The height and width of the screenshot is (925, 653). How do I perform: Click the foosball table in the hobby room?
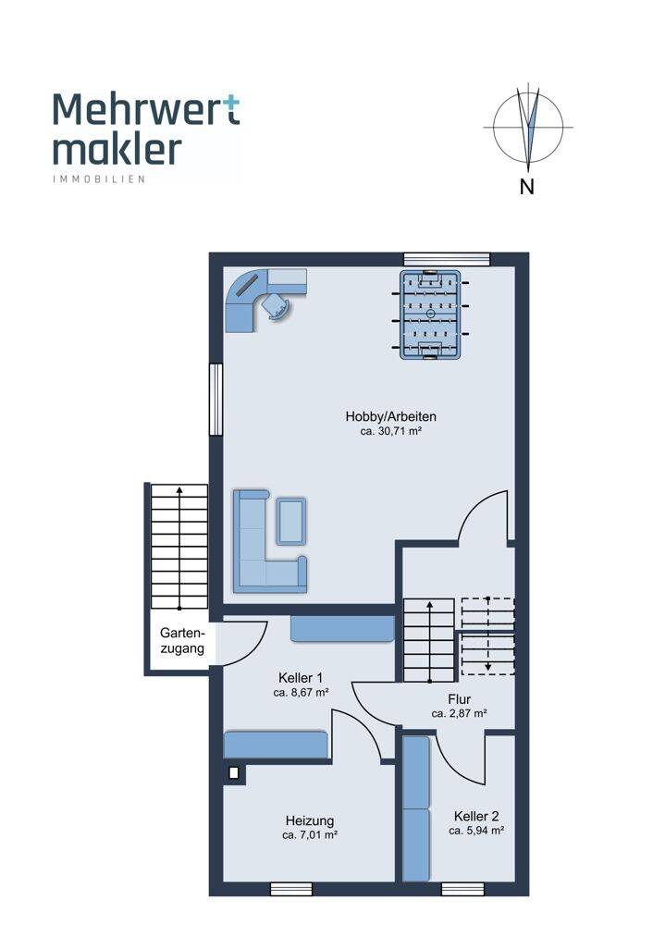click(x=430, y=314)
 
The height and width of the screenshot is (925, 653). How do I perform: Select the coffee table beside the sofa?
click(x=291, y=521)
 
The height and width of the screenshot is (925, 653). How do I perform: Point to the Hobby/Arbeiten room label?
click(x=390, y=416)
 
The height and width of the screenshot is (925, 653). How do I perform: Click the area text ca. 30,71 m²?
click(x=390, y=431)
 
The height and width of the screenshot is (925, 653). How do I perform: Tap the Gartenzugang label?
click(x=182, y=641)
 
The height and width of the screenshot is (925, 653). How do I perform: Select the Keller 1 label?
click(x=301, y=678)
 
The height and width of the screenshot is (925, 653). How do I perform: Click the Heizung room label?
click(x=310, y=820)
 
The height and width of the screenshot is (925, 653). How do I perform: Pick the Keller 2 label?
click(x=476, y=816)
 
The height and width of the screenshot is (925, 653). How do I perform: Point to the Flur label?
click(x=459, y=699)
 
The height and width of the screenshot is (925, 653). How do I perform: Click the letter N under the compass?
click(x=527, y=187)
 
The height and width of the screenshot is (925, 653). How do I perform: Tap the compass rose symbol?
click(x=528, y=127)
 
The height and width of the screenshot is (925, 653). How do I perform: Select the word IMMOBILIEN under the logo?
click(x=99, y=179)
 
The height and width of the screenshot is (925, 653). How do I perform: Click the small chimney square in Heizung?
click(x=234, y=772)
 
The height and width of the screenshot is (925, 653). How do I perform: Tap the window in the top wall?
click(x=447, y=259)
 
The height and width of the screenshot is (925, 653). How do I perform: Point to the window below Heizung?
click(x=290, y=889)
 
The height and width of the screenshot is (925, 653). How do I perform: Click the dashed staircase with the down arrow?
click(x=487, y=636)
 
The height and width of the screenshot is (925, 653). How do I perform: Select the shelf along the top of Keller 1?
click(x=342, y=629)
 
